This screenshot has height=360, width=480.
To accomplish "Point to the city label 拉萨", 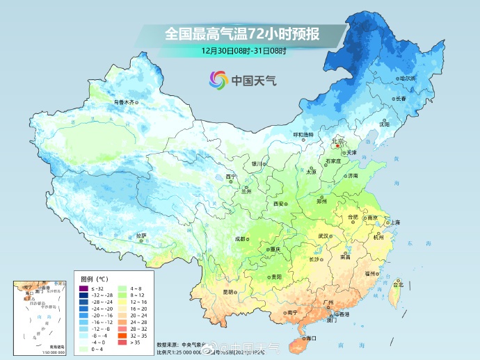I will coord(142,236).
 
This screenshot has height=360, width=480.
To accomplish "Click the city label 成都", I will coord(240,238).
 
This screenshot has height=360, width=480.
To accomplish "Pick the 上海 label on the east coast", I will coord(395,222).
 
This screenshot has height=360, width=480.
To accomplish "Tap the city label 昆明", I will coord(228,292).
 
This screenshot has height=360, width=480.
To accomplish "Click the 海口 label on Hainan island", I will coord(310,338).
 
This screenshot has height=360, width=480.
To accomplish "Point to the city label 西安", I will coord(279,204).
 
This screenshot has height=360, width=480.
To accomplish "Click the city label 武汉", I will coord(323,236).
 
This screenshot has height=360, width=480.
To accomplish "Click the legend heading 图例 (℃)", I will coord(93,279).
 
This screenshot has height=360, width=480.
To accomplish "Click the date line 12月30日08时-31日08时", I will coord(244,51).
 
